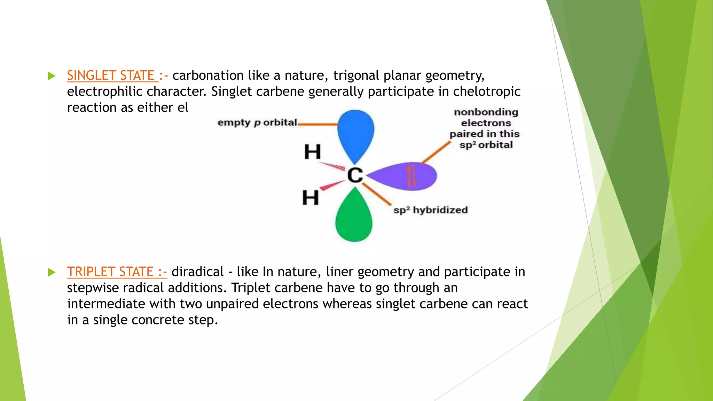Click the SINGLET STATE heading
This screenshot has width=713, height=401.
pyautogui.click(x=111, y=76)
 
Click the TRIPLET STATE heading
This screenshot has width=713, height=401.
pyautogui.click(x=110, y=272)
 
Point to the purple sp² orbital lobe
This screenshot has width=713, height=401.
pyautogui.click(x=404, y=176)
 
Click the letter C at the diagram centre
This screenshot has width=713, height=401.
pyautogui.click(x=355, y=175)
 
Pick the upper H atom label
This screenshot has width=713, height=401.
pyautogui.click(x=312, y=152)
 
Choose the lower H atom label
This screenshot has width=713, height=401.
pyautogui.click(x=310, y=197)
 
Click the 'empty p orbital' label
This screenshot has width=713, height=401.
pyautogui.click(x=257, y=123)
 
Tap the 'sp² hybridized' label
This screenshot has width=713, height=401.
pyautogui.click(x=430, y=210)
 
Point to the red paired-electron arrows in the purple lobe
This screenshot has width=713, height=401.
pyautogui.click(x=412, y=176)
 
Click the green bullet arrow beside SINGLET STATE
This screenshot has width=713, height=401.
pyautogui.click(x=52, y=76)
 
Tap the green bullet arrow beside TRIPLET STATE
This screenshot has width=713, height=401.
pyautogui.click(x=52, y=272)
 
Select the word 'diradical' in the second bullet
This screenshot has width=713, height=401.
pyautogui.click(x=197, y=272)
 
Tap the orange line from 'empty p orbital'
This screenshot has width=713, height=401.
pyautogui.click(x=318, y=124)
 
